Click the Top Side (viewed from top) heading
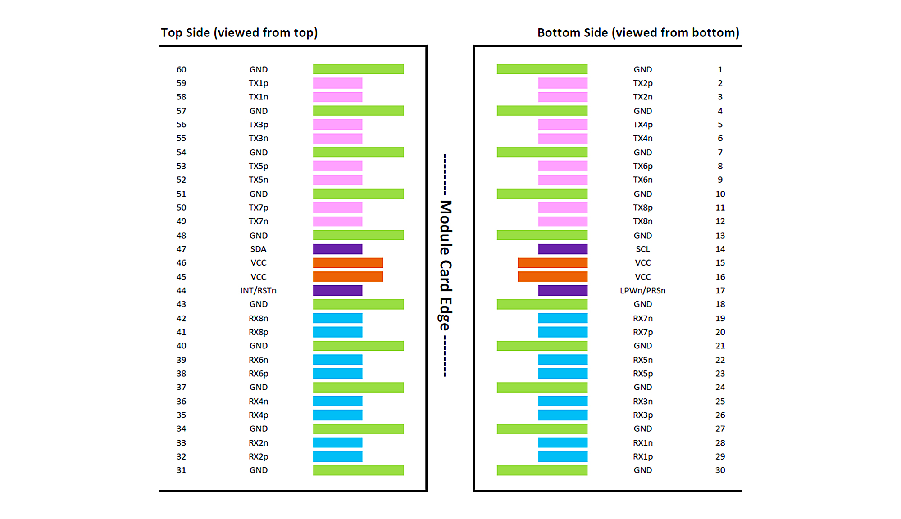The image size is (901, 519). point(239,33)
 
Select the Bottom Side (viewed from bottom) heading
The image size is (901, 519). point(638,33)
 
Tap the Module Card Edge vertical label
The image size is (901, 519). point(445,266)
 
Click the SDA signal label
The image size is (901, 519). point(258,249)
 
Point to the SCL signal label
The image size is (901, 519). point(642,249)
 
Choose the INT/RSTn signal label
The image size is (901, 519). point(258,290)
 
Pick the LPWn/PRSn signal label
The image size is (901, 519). point(642,290)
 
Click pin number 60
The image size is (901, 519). point(181,69)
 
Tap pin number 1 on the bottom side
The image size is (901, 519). point(720,69)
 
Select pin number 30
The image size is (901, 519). point(720,470)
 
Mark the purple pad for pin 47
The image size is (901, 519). point(337,249)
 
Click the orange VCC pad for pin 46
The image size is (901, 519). point(348,263)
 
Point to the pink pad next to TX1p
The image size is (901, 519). point(337,83)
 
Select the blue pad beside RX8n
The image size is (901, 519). point(337,318)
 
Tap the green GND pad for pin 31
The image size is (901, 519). point(358,470)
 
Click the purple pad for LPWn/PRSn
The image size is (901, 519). point(563,290)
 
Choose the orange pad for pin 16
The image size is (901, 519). point(552,276)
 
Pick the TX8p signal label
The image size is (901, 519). point(642,208)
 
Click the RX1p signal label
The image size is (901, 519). point(642,456)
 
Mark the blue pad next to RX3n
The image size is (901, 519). point(563,401)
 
